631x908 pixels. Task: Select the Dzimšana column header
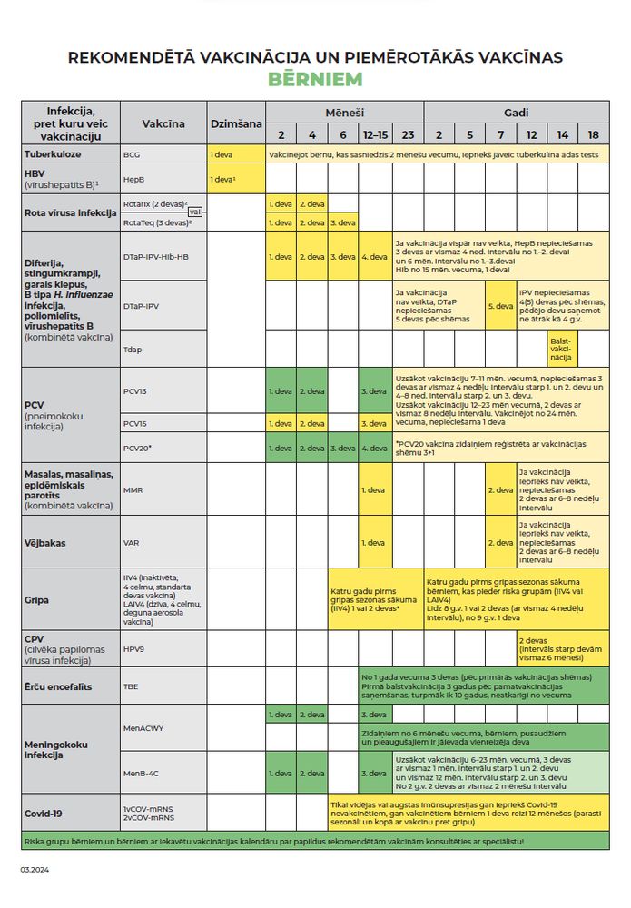236,123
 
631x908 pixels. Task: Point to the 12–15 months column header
373,134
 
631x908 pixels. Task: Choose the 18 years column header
593,134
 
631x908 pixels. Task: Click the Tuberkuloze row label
54,155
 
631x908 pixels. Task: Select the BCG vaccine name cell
133,155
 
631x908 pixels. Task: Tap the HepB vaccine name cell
134,180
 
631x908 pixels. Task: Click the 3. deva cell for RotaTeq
342,222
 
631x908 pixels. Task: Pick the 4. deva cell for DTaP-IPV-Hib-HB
373,257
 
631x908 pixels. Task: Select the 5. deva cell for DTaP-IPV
500,306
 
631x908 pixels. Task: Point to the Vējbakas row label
45,543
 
